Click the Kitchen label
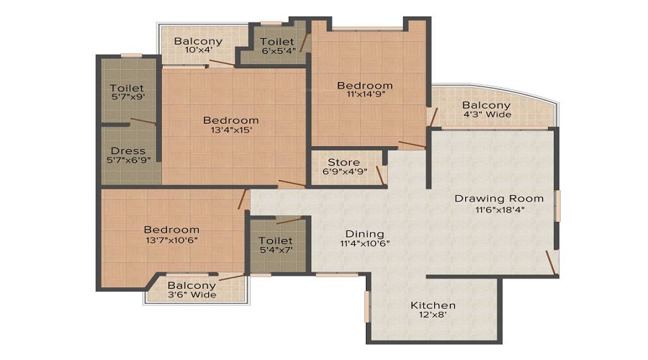(432, 305)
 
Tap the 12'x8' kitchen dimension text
(432, 315)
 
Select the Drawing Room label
(499, 198)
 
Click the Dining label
(364, 234)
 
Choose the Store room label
(343, 162)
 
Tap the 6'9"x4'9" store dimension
(343, 172)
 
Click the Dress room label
(128, 151)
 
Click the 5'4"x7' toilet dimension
(277, 251)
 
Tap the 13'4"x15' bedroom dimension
(230, 130)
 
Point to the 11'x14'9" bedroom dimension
(365, 96)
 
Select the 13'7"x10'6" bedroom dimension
(171, 240)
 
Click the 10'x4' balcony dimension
(198, 51)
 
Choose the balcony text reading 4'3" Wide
(487, 114)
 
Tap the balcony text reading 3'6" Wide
(192, 294)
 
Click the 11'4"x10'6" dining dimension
(364, 243)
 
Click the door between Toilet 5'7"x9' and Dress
(143, 122)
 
